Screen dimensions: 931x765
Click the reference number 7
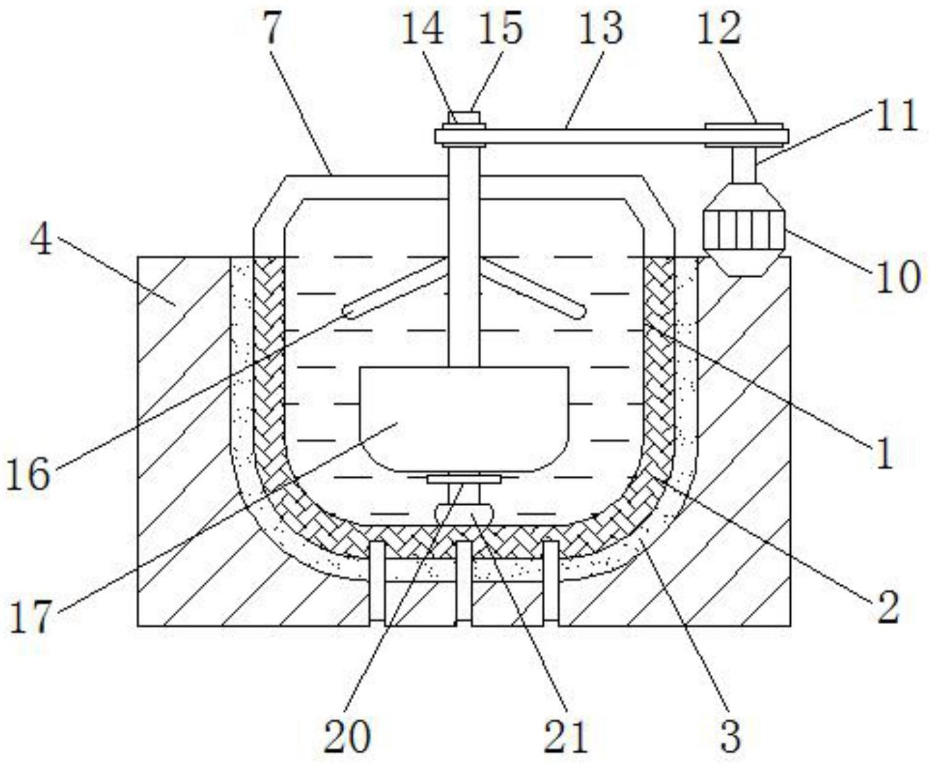point(272,28)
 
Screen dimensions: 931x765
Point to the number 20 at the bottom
point(347,735)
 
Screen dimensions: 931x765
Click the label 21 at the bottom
point(565,735)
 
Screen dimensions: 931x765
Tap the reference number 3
point(731,735)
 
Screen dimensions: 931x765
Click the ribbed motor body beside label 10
point(744,230)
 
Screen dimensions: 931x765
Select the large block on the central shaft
point(464,419)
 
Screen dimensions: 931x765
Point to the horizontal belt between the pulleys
point(612,136)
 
